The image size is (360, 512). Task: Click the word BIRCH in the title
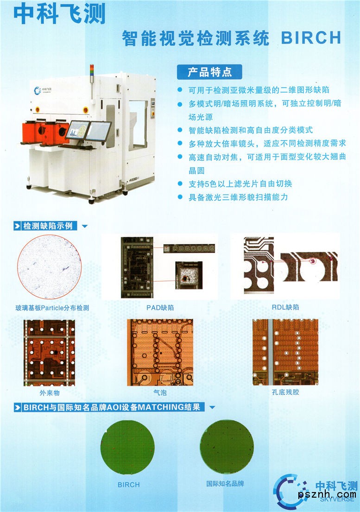coord(311,38)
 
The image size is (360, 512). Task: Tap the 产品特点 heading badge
coord(209,72)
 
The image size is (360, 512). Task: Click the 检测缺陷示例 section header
coord(45,226)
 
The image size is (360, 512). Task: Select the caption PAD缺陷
coord(160,308)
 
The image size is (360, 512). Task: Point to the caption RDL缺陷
coord(285,307)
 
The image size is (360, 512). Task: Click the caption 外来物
coord(50,393)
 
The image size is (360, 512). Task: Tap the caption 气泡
coord(160,392)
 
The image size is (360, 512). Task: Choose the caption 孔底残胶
coord(285,392)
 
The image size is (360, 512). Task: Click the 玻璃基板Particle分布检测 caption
coord(52,308)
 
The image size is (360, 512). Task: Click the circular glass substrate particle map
coord(49,267)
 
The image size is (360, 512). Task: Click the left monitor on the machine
coord(78,130)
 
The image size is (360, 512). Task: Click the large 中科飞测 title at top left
coord(59,14)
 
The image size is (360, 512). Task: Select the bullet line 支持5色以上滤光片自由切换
coord(240,184)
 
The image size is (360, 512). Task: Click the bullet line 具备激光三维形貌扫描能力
coord(238,197)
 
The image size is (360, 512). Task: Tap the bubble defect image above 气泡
coord(160,352)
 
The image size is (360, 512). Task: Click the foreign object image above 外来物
coord(49,353)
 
